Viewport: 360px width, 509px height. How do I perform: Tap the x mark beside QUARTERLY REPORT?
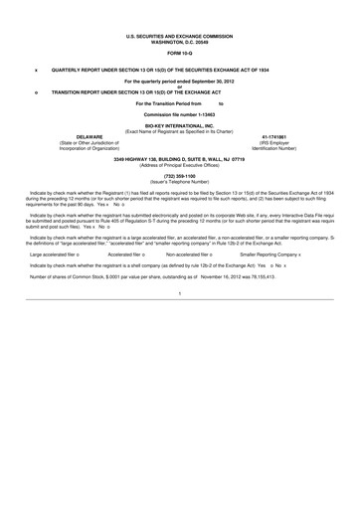click(37, 72)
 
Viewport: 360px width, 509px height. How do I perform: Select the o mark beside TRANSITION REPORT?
click(37, 88)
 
